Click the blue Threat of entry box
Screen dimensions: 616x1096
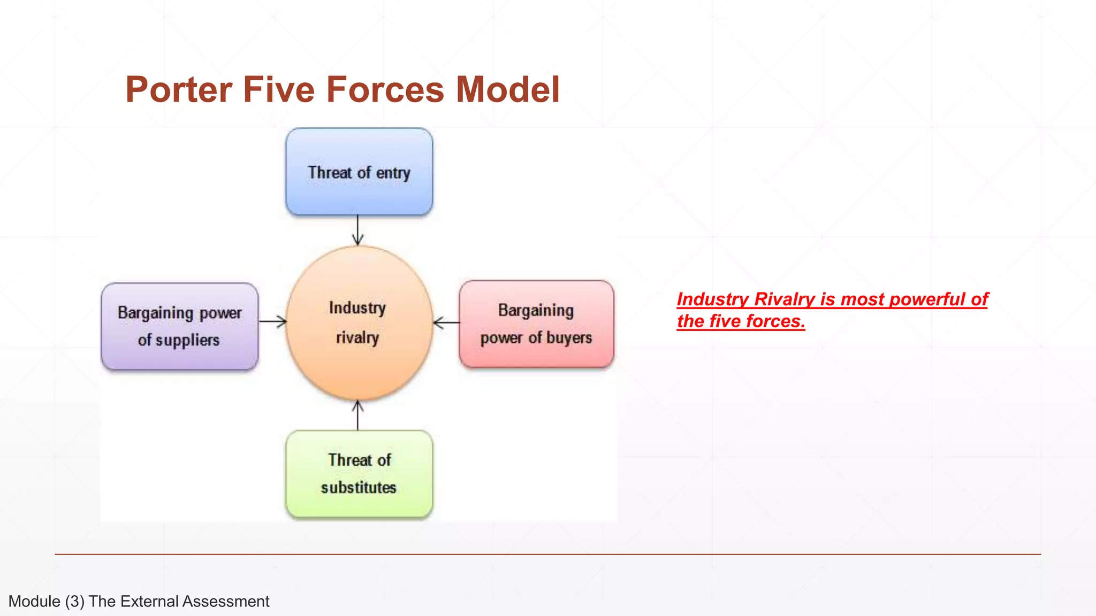point(359,172)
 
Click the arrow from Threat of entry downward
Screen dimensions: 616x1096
point(358,230)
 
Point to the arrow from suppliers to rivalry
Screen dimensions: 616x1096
point(272,321)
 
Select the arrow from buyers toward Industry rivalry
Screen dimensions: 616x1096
point(446,322)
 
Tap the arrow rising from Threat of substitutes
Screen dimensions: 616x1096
point(358,415)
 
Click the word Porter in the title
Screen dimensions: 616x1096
point(179,89)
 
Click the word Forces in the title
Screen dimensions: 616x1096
point(385,89)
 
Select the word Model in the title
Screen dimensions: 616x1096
point(507,89)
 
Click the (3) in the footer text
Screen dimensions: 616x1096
point(75,602)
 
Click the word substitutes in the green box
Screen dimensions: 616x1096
point(359,488)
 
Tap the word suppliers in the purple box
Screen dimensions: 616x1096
point(187,340)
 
